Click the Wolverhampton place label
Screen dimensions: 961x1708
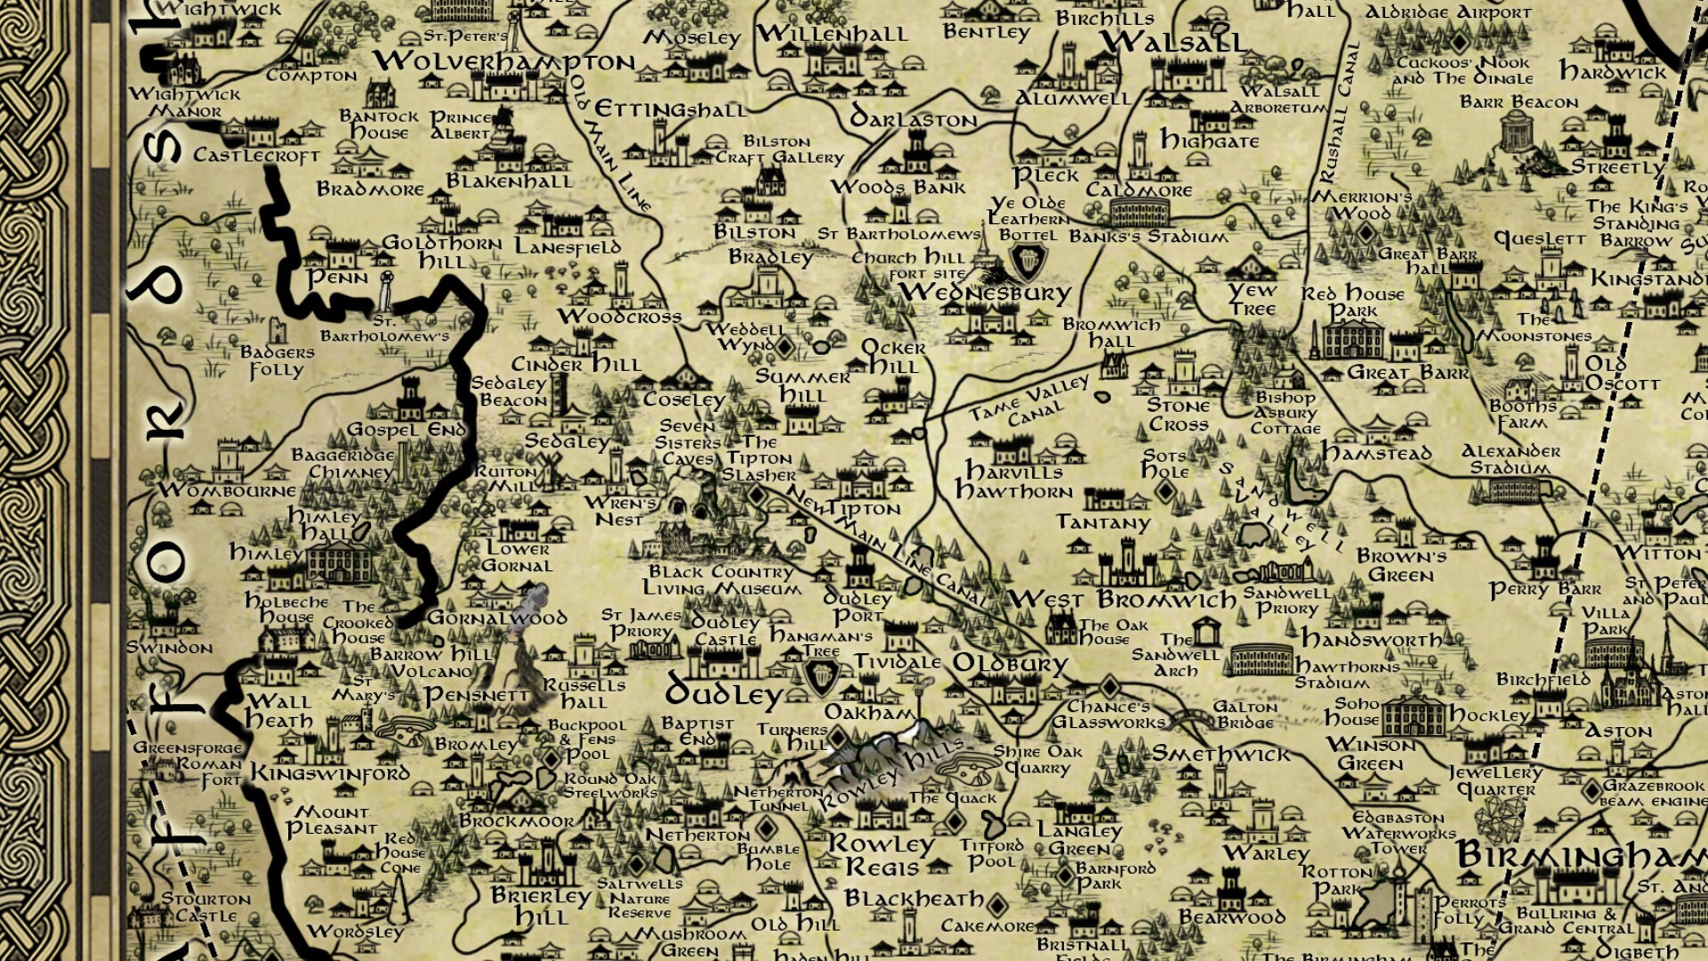coord(504,61)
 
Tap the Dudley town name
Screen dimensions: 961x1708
coord(724,692)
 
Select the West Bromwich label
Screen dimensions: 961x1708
coord(1122,599)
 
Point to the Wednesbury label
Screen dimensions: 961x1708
coord(985,293)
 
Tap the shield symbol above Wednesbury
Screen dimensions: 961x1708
coord(1028,261)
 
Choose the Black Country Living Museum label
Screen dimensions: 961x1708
coord(720,580)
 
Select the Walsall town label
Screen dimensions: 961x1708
coord(1172,42)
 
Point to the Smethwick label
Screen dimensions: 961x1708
coord(1221,755)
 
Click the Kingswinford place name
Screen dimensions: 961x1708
coord(329,773)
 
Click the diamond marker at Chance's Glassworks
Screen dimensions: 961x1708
coord(1109,687)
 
